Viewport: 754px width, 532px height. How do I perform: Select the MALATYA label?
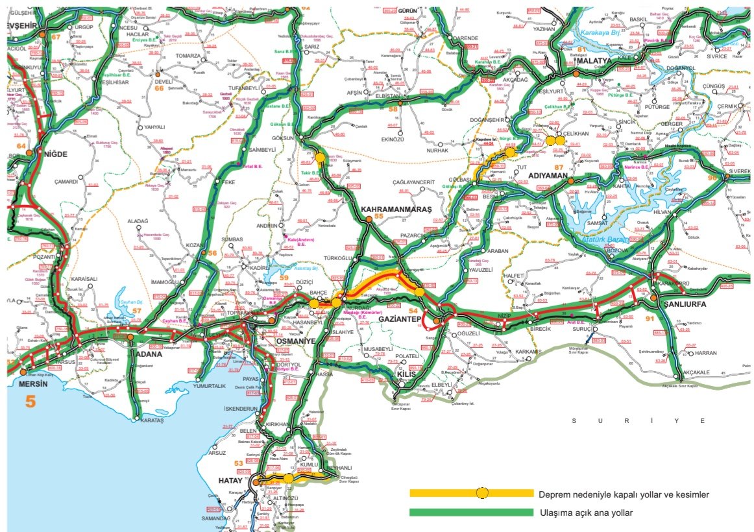pos(594,61)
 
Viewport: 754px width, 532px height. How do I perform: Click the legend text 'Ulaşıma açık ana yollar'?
pos(586,513)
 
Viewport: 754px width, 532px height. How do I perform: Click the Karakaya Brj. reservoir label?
pos(600,30)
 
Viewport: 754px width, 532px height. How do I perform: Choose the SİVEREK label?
pos(737,171)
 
